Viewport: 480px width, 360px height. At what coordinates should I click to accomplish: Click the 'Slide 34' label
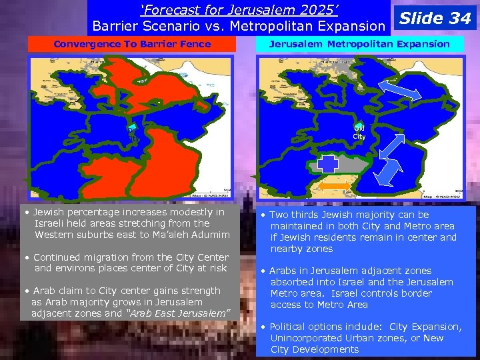point(434,18)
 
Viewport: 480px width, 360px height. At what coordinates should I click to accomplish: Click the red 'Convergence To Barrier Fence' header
point(131,44)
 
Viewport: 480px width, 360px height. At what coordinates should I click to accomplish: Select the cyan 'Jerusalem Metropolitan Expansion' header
point(359,44)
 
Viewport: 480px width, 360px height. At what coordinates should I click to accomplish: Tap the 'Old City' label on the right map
point(359,132)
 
